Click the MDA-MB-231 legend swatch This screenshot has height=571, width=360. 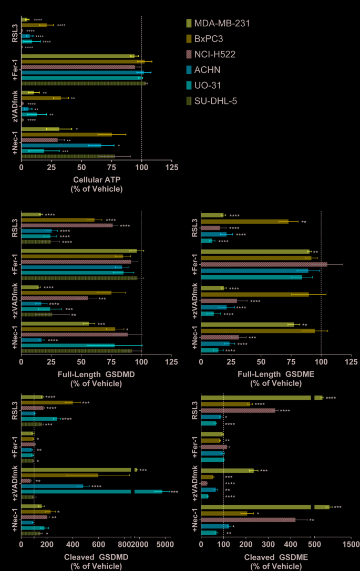coord(189,23)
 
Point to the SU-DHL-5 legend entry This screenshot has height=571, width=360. coord(215,100)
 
